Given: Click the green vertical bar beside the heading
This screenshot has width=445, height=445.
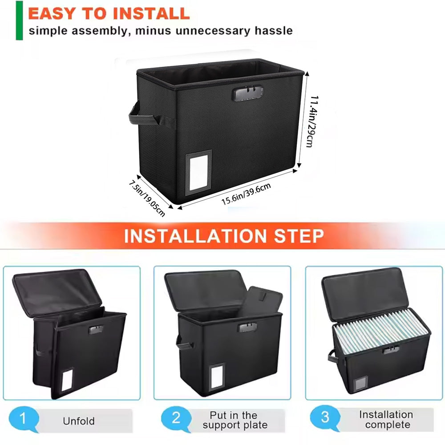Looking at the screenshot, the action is (19, 20).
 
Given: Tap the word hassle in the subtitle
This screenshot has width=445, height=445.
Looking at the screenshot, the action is (273, 30).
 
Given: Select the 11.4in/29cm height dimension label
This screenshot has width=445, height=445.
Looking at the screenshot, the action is (313, 121).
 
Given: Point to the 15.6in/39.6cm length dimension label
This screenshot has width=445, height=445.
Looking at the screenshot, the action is (246, 194).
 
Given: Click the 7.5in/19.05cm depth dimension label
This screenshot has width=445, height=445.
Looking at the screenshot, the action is (147, 198).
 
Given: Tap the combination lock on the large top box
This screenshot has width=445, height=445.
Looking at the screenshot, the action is (247, 93).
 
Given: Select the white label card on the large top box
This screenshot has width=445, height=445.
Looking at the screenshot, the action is (198, 173).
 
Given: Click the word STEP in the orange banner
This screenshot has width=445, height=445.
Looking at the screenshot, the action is (299, 236).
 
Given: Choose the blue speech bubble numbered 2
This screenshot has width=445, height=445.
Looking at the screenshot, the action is (176, 419).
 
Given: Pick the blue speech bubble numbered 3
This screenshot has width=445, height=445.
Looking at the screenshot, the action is (325, 418).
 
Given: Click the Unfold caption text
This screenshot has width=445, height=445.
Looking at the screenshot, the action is (79, 421).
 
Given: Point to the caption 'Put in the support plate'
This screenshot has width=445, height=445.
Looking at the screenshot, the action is (235, 420).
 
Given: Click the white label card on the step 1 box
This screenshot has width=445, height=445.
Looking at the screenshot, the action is (67, 380).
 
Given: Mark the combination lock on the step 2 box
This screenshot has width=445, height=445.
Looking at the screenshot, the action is (247, 327).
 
